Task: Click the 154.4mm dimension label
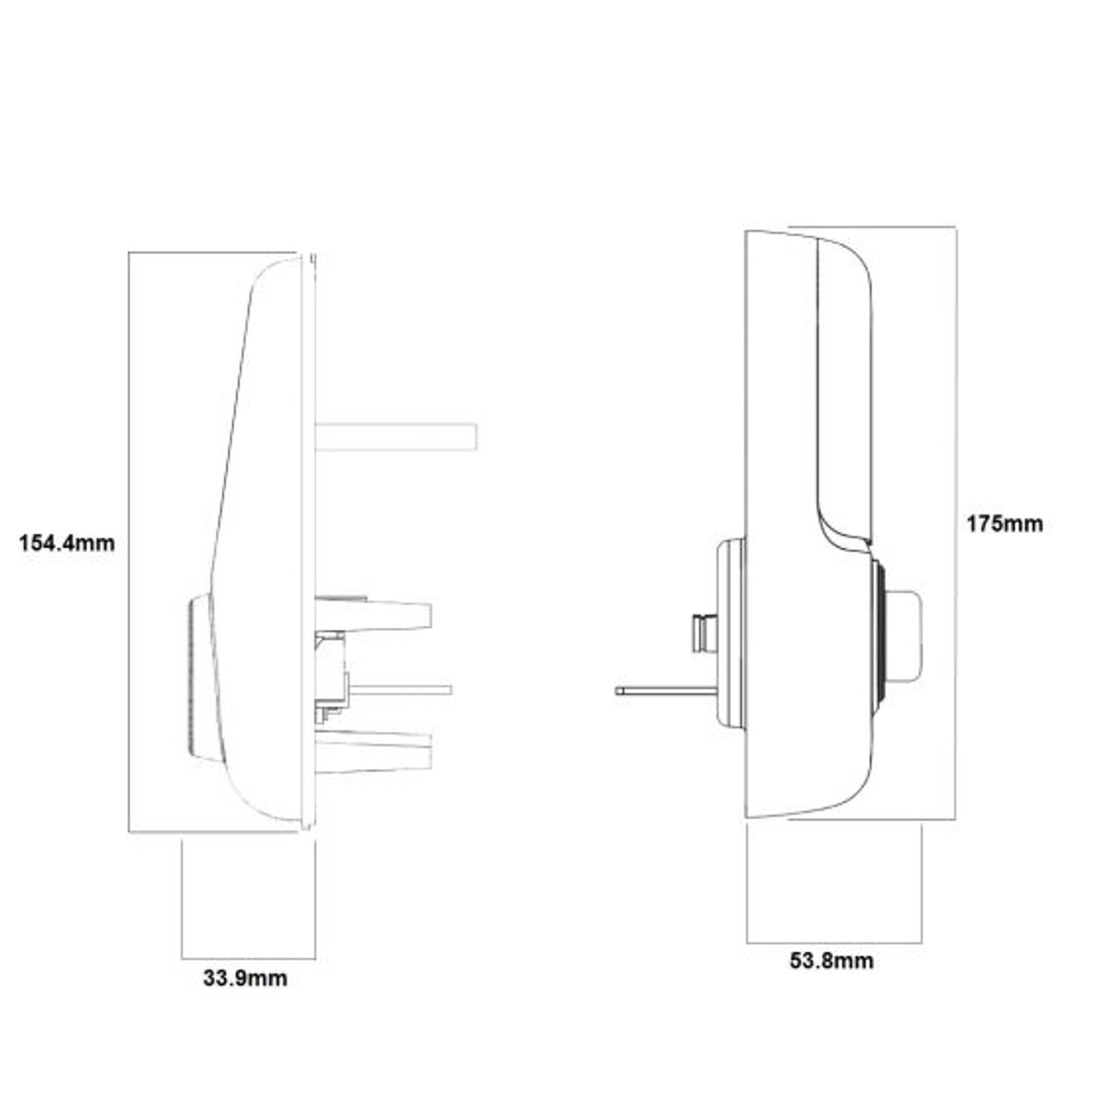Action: pyautogui.click(x=67, y=544)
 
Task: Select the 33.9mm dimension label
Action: pyautogui.click(x=245, y=978)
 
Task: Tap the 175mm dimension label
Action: pyautogui.click(x=1004, y=524)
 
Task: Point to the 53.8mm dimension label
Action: pyautogui.click(x=831, y=961)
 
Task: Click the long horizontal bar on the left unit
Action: pyautogui.click(x=395, y=437)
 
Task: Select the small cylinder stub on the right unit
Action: pyautogui.click(x=705, y=633)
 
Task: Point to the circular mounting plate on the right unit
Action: pyautogui.click(x=732, y=633)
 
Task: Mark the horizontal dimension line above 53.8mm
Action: pyautogui.click(x=834, y=943)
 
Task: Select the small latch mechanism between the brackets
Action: pyautogui.click(x=331, y=675)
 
